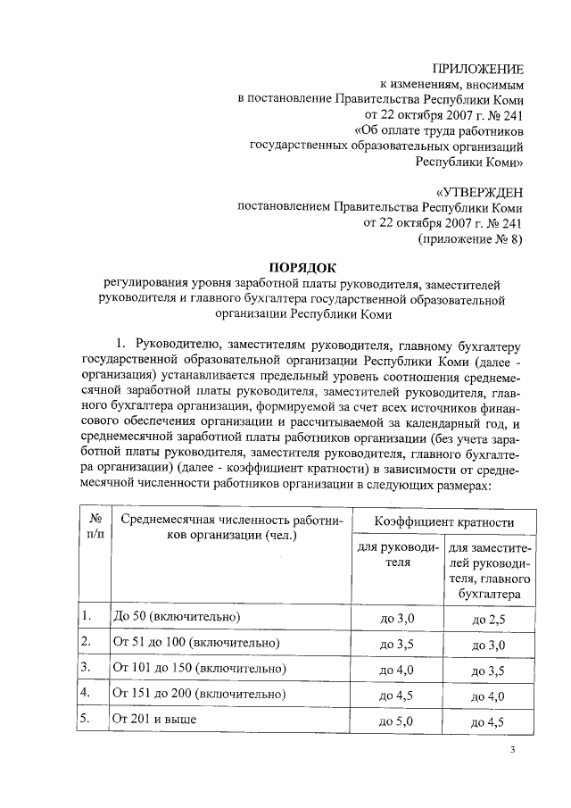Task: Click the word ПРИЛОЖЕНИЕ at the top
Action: tap(477, 69)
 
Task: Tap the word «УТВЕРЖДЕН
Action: tap(479, 191)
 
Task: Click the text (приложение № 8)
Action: tap(470, 239)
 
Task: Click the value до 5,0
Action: tap(398, 720)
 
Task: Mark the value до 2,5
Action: tap(488, 618)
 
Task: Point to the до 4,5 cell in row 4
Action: tap(398, 695)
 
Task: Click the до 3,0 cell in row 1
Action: tap(398, 618)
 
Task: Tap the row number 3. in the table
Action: tap(86, 667)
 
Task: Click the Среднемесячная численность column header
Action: tap(231, 527)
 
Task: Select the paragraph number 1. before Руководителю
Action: tap(124, 344)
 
